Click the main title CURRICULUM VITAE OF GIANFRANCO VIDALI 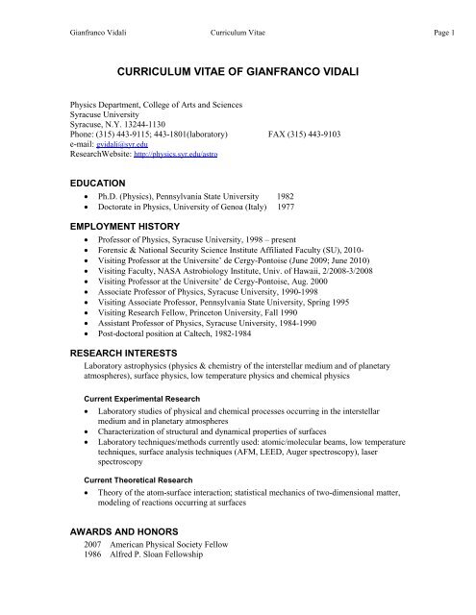click(x=238, y=71)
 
